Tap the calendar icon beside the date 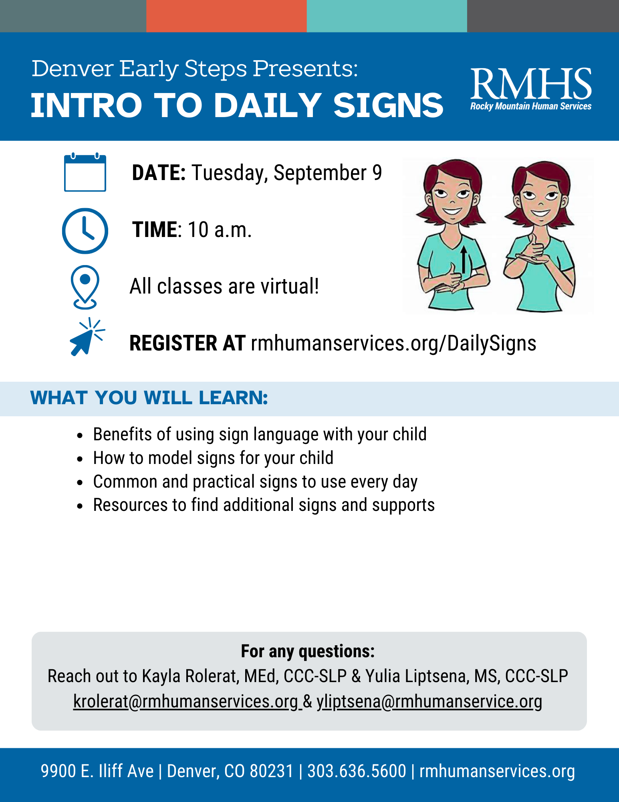(x=85, y=172)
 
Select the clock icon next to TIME (x=85, y=231)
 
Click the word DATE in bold (x=159, y=173)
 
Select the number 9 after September (x=377, y=173)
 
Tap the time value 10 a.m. (x=220, y=230)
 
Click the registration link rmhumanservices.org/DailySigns (x=393, y=344)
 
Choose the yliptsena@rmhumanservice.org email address (x=429, y=701)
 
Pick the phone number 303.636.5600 (x=357, y=771)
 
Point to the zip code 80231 (x=272, y=771)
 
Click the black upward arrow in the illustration (x=464, y=260)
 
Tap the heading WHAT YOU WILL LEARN (x=149, y=398)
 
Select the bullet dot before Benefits (x=80, y=435)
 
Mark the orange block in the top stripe (x=226, y=16)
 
